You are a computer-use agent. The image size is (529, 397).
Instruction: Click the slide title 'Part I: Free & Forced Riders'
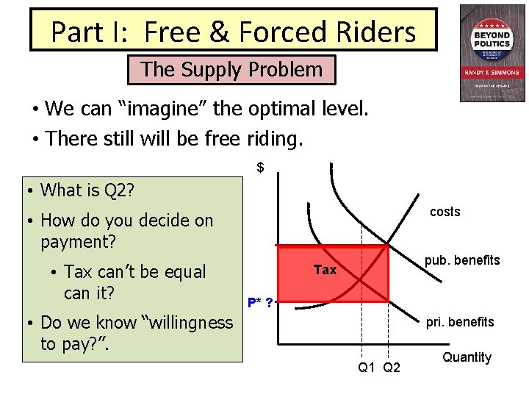click(233, 32)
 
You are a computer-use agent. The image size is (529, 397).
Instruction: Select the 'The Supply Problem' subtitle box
click(231, 70)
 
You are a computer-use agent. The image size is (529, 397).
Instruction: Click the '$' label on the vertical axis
click(260, 168)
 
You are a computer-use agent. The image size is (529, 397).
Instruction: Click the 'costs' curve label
click(445, 212)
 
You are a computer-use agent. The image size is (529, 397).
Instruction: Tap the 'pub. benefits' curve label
click(462, 260)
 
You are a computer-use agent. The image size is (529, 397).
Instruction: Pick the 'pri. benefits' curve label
click(460, 321)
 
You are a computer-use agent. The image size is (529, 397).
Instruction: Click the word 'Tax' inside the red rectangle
click(325, 270)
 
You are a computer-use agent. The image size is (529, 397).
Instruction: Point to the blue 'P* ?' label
click(260, 302)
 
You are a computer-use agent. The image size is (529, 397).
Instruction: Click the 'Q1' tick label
click(367, 367)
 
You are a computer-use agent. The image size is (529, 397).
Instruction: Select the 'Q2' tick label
click(392, 367)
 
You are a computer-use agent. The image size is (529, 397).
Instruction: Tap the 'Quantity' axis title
click(467, 357)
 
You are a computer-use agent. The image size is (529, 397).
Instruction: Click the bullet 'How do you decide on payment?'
click(126, 230)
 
